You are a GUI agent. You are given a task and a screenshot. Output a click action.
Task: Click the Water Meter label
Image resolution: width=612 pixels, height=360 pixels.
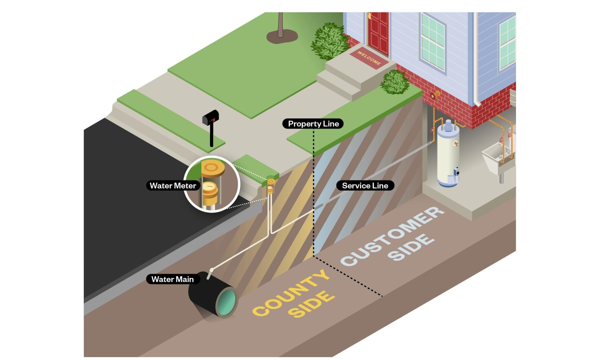click(x=173, y=186)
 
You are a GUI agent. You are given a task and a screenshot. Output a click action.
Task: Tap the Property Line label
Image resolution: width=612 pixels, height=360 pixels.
click(x=313, y=124)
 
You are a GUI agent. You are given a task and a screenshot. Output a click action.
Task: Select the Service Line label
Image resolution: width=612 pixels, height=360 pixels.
click(x=365, y=186)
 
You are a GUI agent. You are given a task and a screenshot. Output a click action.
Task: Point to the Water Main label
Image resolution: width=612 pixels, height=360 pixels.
click(x=173, y=279)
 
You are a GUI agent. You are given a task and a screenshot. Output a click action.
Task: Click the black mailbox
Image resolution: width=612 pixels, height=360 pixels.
click(x=211, y=117)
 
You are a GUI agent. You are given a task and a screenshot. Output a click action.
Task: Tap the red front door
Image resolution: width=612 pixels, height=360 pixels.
click(x=378, y=32)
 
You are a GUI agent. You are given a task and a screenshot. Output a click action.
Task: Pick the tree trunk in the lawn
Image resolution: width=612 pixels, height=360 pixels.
click(x=281, y=25)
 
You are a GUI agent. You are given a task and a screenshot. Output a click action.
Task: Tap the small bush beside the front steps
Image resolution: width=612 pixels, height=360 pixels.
click(x=395, y=82)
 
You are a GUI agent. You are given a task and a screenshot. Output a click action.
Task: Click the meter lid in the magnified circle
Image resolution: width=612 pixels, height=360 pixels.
click(x=213, y=168)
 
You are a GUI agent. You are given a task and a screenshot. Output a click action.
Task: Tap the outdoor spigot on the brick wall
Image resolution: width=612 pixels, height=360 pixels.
click(x=435, y=96)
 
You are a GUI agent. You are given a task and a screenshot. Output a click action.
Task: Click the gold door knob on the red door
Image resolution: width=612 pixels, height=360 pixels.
click(x=369, y=16)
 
